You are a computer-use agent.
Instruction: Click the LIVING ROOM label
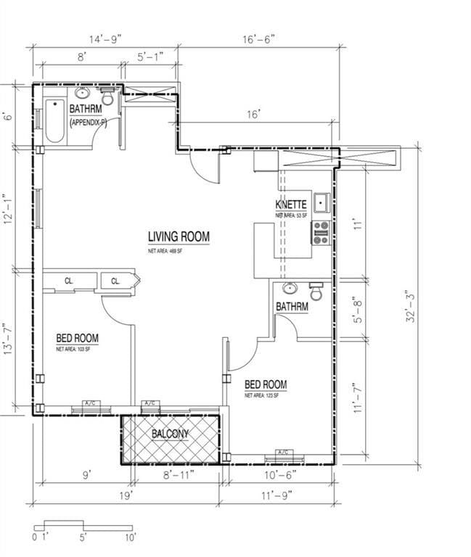[179, 236]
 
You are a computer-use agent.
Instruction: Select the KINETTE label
[290, 205]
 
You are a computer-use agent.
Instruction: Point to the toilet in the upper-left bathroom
[107, 96]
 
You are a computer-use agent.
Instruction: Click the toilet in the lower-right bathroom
[316, 291]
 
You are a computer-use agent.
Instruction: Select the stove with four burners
[321, 233]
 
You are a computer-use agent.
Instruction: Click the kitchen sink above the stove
[321, 202]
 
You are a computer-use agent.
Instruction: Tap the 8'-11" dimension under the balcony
[176, 476]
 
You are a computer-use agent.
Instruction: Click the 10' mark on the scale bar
[131, 538]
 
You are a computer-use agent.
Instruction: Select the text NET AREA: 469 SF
[166, 251]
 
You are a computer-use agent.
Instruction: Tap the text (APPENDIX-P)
[89, 123]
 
